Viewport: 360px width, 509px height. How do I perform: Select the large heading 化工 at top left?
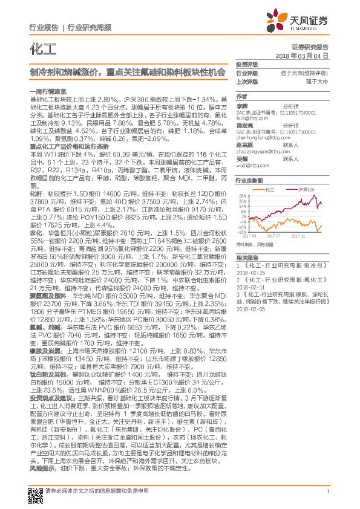tap(39, 47)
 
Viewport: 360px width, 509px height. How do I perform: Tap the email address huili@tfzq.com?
tap(249, 118)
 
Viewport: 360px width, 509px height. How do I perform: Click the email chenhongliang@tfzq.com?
tap(261, 137)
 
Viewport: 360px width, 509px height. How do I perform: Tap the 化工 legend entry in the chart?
tap(269, 190)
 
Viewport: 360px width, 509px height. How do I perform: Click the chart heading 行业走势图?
tap(249, 181)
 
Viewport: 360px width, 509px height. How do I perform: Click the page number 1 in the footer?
tap(327, 491)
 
